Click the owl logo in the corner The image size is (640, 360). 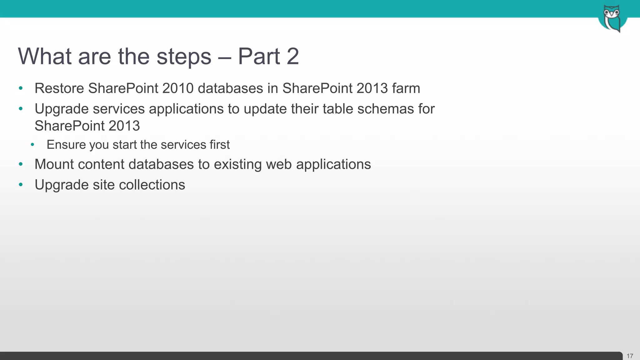612,18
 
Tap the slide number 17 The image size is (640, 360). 630,356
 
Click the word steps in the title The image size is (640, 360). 184,57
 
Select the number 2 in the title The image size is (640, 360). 292,57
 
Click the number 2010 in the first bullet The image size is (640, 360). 178,88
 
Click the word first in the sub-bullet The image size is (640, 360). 220,145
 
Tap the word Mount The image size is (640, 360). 54,164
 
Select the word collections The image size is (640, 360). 152,185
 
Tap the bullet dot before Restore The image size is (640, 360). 21,88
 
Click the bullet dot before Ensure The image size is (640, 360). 33,145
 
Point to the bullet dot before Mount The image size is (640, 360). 21,164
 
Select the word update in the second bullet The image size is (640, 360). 265,109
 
